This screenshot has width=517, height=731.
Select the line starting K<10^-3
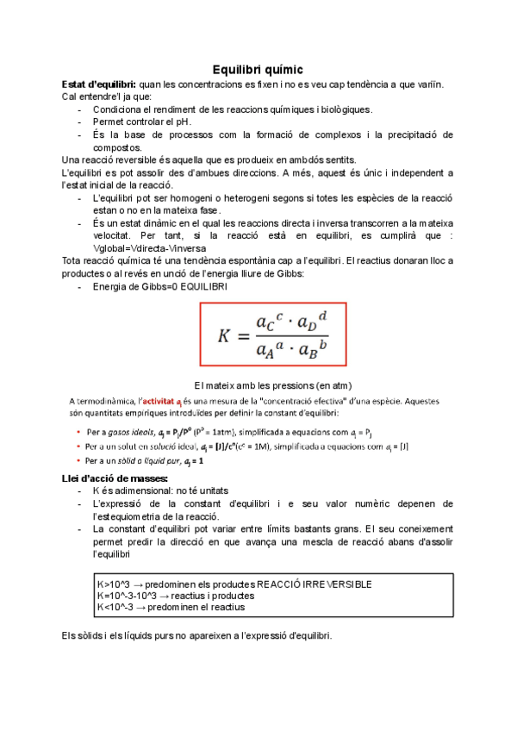(x=171, y=607)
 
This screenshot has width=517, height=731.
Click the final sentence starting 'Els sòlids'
(x=196, y=636)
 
